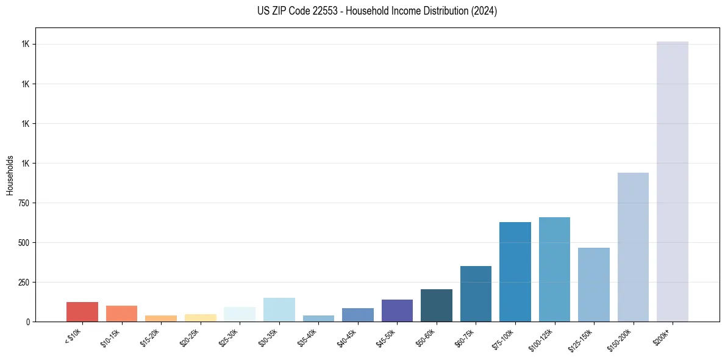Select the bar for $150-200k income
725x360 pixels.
tap(633, 247)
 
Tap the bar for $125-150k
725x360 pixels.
tap(594, 284)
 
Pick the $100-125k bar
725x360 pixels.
tap(554, 269)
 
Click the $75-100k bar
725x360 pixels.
tap(515, 272)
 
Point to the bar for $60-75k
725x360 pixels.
tap(476, 293)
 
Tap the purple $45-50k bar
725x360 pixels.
tap(397, 311)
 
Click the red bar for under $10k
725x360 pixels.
tap(82, 312)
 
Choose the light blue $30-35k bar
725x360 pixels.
tap(279, 309)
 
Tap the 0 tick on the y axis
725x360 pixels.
tap(28, 322)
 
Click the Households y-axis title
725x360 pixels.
tap(10, 175)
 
